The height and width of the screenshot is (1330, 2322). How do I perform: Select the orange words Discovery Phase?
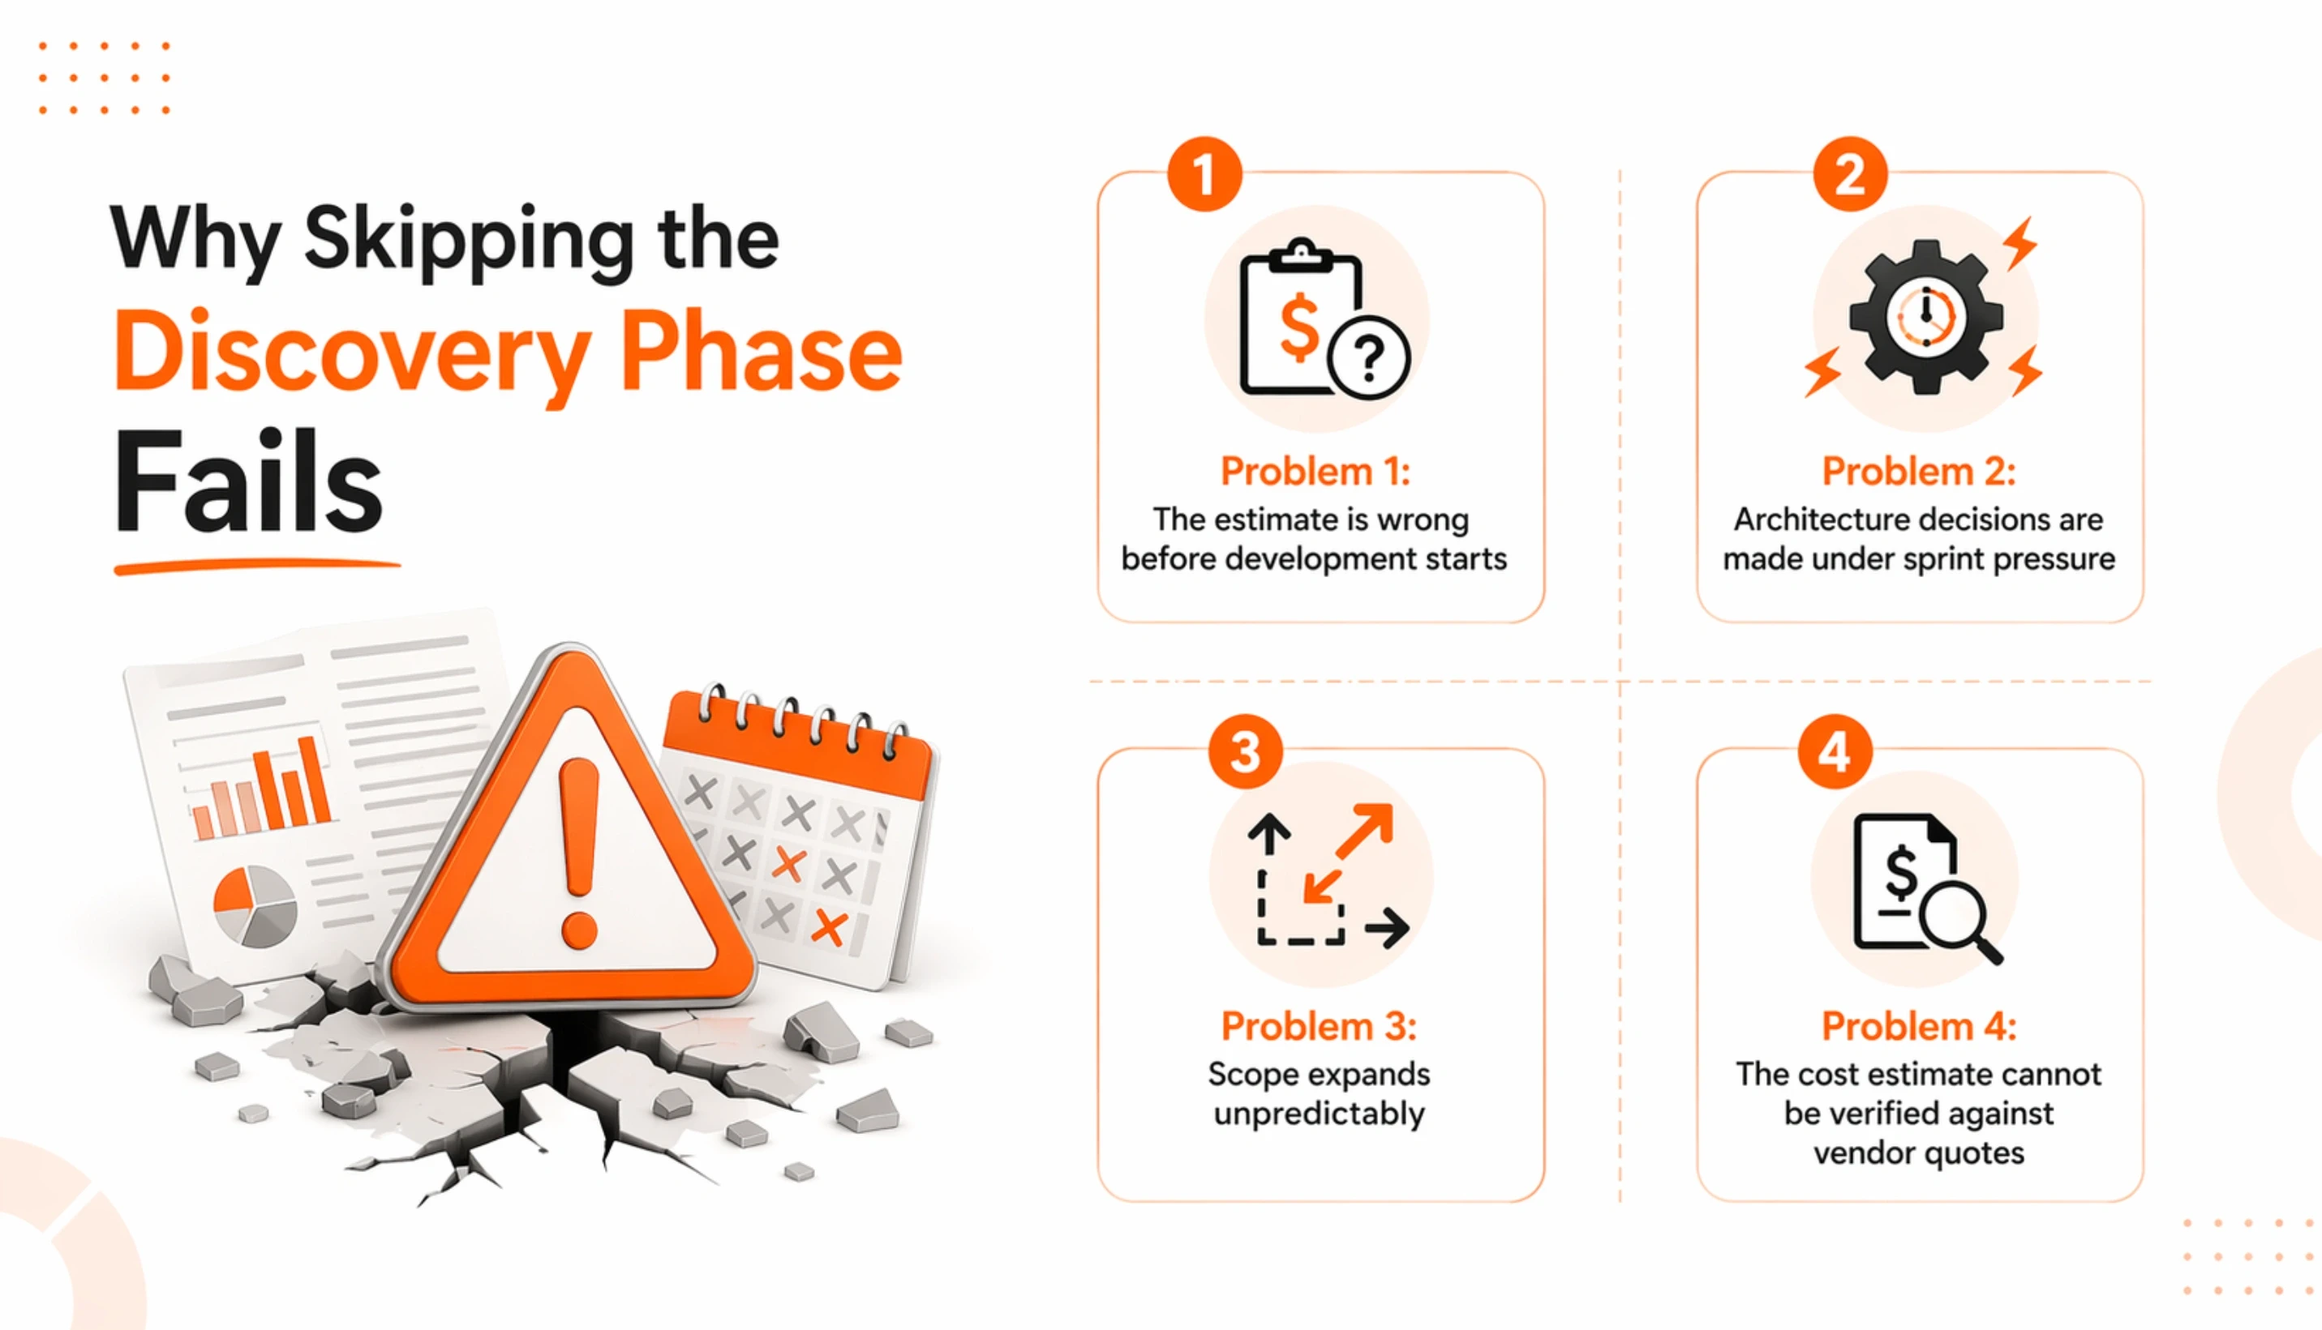pyautogui.click(x=508, y=353)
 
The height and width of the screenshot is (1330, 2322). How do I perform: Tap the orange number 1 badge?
pyautogui.click(x=1204, y=173)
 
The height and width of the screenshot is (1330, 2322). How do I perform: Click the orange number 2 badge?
pyautogui.click(x=1849, y=173)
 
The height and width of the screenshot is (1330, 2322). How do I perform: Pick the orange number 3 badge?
pyautogui.click(x=1245, y=752)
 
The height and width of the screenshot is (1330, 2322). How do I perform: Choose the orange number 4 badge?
pyautogui.click(x=1834, y=752)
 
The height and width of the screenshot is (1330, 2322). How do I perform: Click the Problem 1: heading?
pyautogui.click(x=1315, y=472)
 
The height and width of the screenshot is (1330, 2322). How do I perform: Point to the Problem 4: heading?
pyautogui.click(x=1918, y=1026)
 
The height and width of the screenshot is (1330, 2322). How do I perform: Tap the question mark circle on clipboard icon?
pyautogui.click(x=1368, y=359)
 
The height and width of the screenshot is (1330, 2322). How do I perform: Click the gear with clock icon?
pyautogui.click(x=1925, y=318)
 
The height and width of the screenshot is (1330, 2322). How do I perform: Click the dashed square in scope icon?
pyautogui.click(x=1299, y=909)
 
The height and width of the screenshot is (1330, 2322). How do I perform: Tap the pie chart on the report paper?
pyautogui.click(x=255, y=905)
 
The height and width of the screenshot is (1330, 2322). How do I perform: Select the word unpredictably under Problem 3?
pyautogui.click(x=1319, y=1114)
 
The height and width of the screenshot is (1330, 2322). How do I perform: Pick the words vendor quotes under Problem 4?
pyautogui.click(x=1918, y=1153)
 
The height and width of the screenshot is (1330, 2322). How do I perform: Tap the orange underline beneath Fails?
pyautogui.click(x=257, y=567)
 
